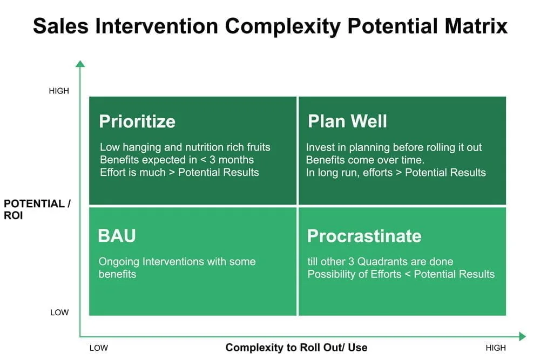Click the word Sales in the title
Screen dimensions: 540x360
pos(60,26)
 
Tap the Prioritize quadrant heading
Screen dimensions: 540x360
pos(137,121)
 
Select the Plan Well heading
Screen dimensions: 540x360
pos(347,121)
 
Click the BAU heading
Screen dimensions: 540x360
pos(117,236)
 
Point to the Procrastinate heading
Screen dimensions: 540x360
pos(364,236)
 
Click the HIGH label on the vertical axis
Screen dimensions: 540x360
pos(59,91)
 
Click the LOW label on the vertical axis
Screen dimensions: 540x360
pos(59,313)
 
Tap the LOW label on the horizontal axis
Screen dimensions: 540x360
pos(98,348)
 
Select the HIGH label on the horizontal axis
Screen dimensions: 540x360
pos(496,348)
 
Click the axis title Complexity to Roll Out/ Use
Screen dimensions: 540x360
pos(296,348)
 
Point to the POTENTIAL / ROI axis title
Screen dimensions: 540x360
pos(37,209)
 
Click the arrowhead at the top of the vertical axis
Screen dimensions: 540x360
pos(80,64)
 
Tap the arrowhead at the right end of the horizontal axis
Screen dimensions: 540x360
pos(522,336)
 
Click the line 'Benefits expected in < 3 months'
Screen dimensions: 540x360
pos(177,160)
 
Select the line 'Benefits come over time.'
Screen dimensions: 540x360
pos(365,160)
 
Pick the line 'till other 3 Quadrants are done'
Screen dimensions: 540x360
pos(380,262)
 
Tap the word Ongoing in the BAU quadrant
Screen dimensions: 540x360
pos(119,262)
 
